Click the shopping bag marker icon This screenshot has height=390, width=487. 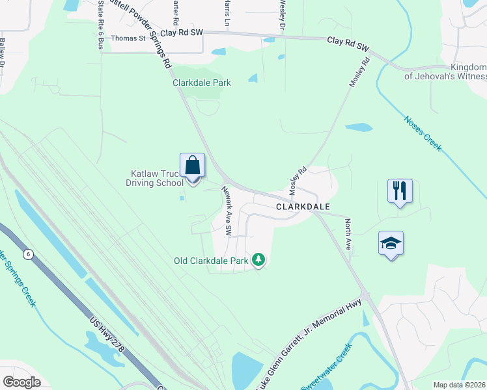click(x=193, y=166)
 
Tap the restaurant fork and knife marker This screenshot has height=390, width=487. click(x=400, y=190)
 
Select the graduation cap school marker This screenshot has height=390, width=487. click(x=391, y=243)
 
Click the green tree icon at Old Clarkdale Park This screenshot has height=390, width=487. click(x=259, y=261)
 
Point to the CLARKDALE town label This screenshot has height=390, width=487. click(x=303, y=206)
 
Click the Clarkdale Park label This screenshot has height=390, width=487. click(x=201, y=83)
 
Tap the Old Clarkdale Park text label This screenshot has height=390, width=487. click(x=211, y=261)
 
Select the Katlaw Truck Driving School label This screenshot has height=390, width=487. click(x=154, y=178)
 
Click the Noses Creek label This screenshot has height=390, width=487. click(x=423, y=133)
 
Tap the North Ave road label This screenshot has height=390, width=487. click(x=348, y=235)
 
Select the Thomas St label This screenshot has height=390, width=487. click(x=128, y=38)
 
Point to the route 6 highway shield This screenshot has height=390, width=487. click(x=28, y=253)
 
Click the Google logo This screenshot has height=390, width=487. click(x=22, y=382)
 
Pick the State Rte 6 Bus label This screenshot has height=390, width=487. click(x=100, y=25)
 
